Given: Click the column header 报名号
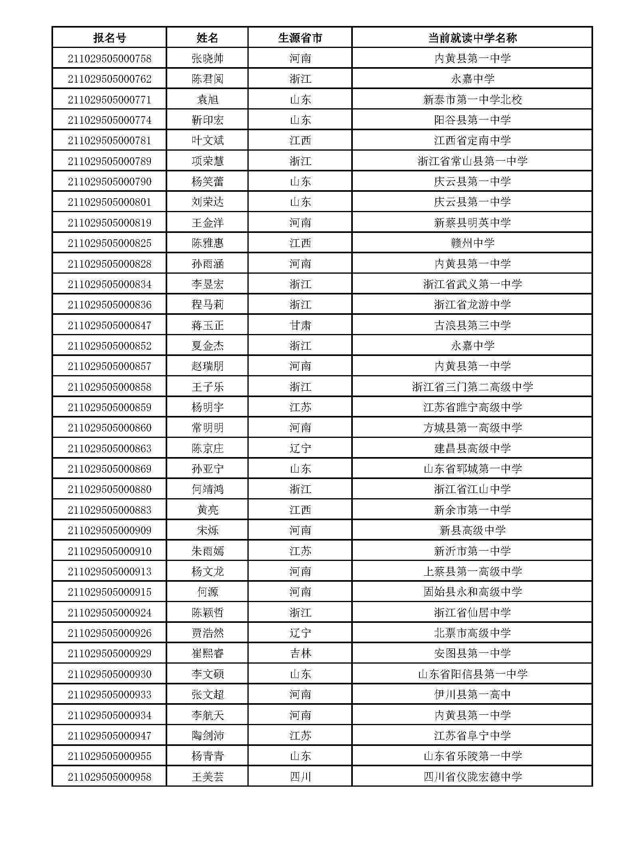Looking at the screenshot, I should click(109, 38).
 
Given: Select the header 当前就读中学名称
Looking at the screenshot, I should click(472, 38).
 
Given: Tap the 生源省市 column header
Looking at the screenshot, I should click(300, 38).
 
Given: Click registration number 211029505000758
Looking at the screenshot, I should click(109, 59).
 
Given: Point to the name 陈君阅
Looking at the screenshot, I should click(208, 79).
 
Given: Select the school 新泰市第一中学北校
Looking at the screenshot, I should click(472, 99).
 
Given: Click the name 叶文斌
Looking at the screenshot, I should click(208, 141).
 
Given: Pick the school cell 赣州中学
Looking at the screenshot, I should click(472, 243).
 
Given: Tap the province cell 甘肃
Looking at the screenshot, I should click(300, 325).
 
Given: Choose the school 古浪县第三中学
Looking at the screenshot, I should click(472, 325).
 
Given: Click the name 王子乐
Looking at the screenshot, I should click(208, 387).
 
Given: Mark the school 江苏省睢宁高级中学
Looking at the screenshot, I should click(472, 407).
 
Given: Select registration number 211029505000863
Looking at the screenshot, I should click(109, 448).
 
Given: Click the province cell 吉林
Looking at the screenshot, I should click(300, 653).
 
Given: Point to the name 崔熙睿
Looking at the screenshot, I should click(208, 653).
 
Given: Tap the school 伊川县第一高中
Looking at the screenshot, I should click(472, 694).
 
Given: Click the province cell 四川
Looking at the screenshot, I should click(300, 777).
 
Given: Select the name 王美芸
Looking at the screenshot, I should click(208, 777).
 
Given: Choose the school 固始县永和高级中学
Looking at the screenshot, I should click(472, 592).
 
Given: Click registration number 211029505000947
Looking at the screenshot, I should click(109, 736).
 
